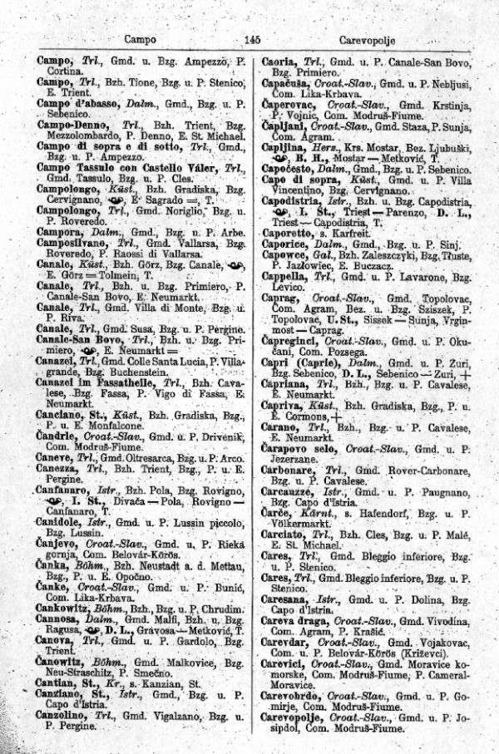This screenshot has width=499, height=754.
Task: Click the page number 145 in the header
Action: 254,38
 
